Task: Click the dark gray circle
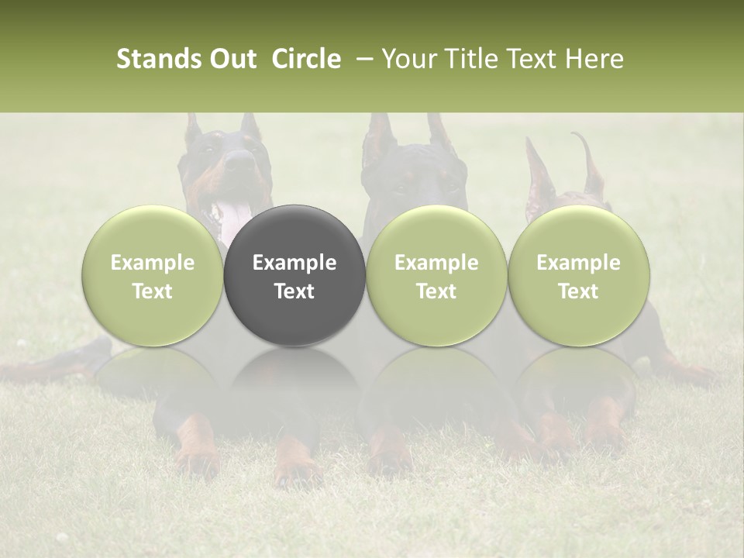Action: coord(294,275)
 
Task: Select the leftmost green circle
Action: coord(153,275)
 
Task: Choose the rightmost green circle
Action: coord(579,275)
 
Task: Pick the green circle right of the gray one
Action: coord(436,275)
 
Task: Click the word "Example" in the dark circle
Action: coord(294,263)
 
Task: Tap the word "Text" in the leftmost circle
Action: coord(153,291)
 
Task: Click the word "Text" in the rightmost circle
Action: coord(579,291)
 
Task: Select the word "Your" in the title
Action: coord(408,60)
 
